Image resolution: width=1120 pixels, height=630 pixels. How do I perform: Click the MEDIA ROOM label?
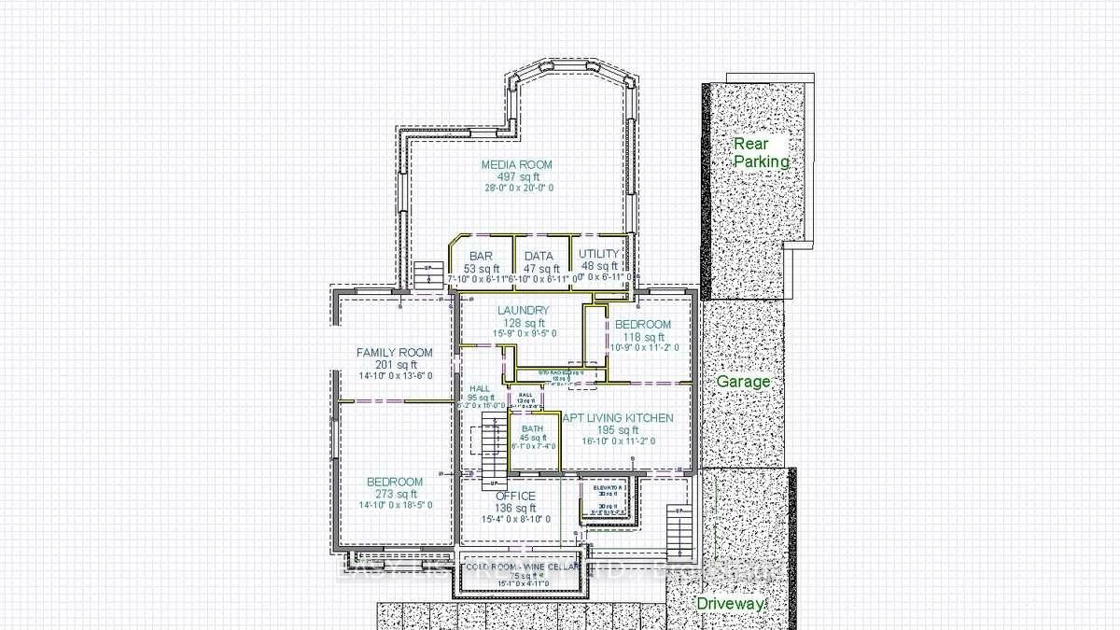[517, 164]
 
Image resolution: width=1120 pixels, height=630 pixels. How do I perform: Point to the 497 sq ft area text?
[517, 176]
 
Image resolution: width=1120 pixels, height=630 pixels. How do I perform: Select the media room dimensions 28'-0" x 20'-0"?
[517, 188]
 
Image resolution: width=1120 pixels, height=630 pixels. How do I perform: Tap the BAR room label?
[481, 256]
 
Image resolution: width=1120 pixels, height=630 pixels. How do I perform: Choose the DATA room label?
[539, 256]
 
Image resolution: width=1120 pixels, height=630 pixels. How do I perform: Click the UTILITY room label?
[598, 254]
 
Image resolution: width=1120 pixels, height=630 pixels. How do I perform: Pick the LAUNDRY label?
[523, 310]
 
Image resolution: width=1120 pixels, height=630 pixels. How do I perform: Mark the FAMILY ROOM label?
[395, 352]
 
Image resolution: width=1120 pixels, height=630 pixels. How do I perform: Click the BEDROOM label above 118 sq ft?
[642, 324]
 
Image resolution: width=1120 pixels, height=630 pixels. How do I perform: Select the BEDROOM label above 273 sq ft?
[395, 482]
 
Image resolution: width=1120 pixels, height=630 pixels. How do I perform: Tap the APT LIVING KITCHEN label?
[617, 418]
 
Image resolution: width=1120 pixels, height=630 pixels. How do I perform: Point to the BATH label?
[532, 428]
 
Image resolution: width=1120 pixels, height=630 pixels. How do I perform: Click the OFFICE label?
[515, 496]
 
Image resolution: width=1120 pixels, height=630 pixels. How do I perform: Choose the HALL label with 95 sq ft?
[480, 388]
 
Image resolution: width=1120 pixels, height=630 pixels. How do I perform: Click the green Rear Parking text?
[760, 152]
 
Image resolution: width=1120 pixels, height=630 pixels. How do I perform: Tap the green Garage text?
[743, 382]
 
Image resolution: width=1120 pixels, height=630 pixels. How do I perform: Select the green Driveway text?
[731, 604]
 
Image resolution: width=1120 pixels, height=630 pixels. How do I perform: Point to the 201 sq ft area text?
[395, 364]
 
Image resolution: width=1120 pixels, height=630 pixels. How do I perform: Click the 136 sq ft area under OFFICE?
[515, 508]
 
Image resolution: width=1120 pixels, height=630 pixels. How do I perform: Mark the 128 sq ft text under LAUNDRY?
[523, 322]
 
